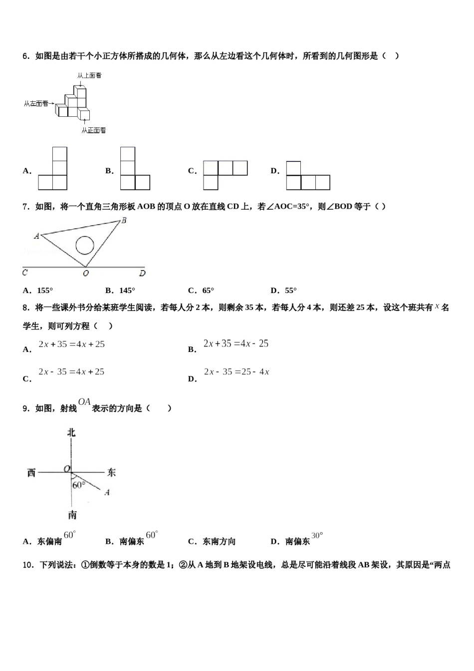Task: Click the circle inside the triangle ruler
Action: pyautogui.click(x=85, y=245)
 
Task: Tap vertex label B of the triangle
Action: pyautogui.click(x=124, y=220)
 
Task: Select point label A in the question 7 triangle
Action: pyautogui.click(x=36, y=236)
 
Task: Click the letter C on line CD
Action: pyautogui.click(x=25, y=273)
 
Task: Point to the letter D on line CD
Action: pyautogui.click(x=142, y=273)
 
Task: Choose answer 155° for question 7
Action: pyautogui.click(x=45, y=291)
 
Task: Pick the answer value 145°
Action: pyautogui.click(x=127, y=291)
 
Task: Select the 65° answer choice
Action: pyautogui.click(x=208, y=291)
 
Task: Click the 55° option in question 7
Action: pyautogui.click(x=290, y=291)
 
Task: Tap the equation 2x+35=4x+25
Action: pyautogui.click(x=72, y=344)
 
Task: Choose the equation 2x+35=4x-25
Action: pyautogui.click(x=236, y=343)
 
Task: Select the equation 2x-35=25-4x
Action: pyautogui.click(x=237, y=371)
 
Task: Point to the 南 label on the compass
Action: pyautogui.click(x=72, y=515)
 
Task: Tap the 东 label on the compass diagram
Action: pyautogui.click(x=111, y=472)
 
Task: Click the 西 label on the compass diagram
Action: pyautogui.click(x=31, y=472)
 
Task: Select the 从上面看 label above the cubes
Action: pyautogui.click(x=89, y=75)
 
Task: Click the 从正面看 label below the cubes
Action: pyautogui.click(x=94, y=130)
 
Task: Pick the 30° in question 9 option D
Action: pyautogui.click(x=317, y=535)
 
